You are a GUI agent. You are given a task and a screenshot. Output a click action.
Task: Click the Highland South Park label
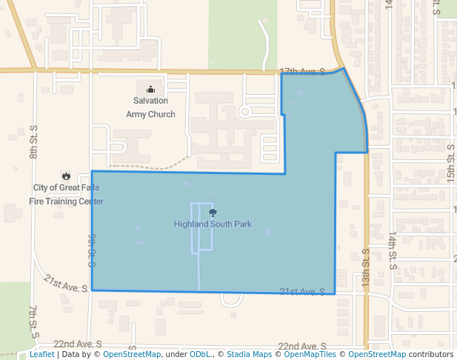click(213, 224)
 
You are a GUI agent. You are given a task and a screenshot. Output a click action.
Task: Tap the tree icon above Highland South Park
click(213, 213)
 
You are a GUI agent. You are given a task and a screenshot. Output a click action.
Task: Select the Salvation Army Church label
click(150, 107)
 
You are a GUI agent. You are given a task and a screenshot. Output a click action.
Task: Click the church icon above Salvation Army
click(150, 89)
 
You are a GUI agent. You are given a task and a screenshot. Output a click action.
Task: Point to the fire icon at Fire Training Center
click(67, 176)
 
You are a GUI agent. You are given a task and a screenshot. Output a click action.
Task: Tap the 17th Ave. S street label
click(302, 71)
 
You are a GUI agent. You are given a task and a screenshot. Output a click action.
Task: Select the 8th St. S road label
click(33, 144)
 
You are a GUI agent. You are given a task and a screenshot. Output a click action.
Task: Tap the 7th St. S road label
click(33, 319)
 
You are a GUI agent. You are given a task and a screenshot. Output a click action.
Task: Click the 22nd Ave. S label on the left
click(77, 345)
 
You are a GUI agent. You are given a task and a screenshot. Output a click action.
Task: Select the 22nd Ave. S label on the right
click(301, 346)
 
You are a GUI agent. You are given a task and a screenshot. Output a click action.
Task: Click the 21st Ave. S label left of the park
click(66, 282)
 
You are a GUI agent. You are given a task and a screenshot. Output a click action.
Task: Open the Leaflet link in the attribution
click(41, 355)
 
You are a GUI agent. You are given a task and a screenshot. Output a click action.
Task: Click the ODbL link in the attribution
click(199, 355)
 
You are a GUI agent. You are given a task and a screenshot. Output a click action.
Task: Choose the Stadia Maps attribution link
click(249, 355)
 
